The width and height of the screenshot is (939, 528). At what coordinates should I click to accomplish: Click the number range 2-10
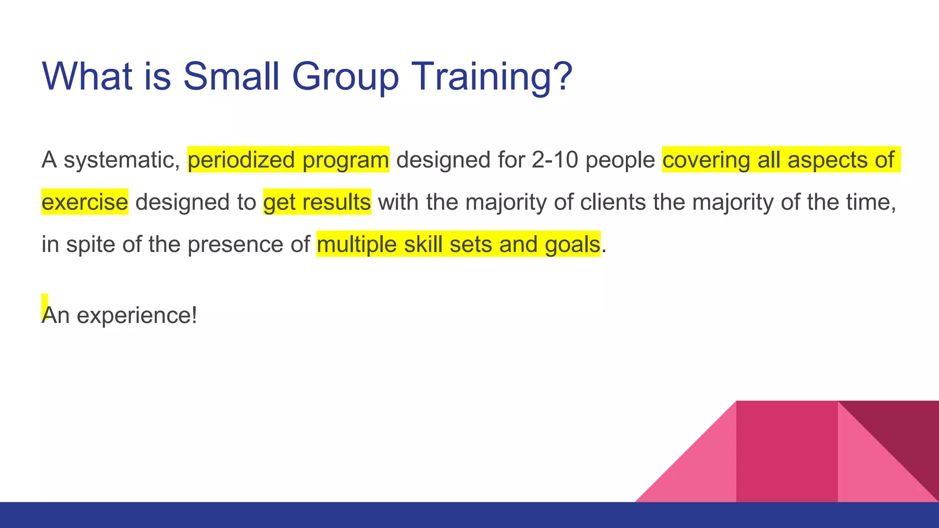[555, 159]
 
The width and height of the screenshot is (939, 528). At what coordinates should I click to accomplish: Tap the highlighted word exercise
[85, 202]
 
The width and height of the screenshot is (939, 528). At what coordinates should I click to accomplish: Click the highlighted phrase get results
[317, 202]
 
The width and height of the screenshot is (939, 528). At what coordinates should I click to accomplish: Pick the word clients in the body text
[613, 202]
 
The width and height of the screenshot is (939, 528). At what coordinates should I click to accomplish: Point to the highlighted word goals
[572, 244]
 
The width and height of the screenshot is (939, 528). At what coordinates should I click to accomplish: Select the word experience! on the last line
[137, 315]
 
